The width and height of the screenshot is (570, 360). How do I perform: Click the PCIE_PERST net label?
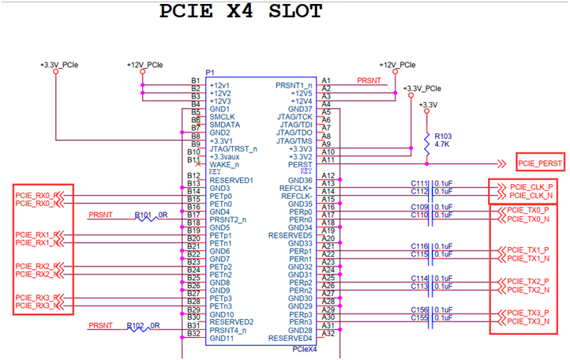(540, 163)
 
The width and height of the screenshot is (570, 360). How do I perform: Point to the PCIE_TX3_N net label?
(528, 321)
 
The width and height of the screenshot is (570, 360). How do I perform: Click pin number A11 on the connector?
(327, 159)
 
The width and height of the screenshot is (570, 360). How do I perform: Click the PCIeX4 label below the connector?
(303, 348)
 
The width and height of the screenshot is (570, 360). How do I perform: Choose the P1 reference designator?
(210, 73)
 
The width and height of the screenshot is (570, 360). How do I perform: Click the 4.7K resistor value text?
(442, 145)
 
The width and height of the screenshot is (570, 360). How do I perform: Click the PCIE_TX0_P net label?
(527, 211)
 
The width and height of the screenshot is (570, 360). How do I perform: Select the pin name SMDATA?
(225, 125)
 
